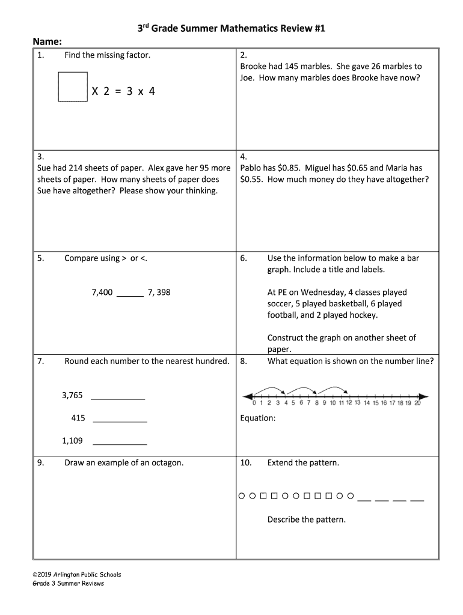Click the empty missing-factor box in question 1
pos(73,87)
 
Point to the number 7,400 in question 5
pos(102,292)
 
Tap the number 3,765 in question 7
pos(72,395)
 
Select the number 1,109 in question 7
pos(72,441)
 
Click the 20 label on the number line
pos(417,404)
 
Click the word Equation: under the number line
pos(257,418)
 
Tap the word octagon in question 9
pos(166,463)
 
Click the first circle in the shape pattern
pos(242,497)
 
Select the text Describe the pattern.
pos(306,520)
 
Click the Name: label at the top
pos(47,42)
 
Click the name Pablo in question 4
pos(252,168)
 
